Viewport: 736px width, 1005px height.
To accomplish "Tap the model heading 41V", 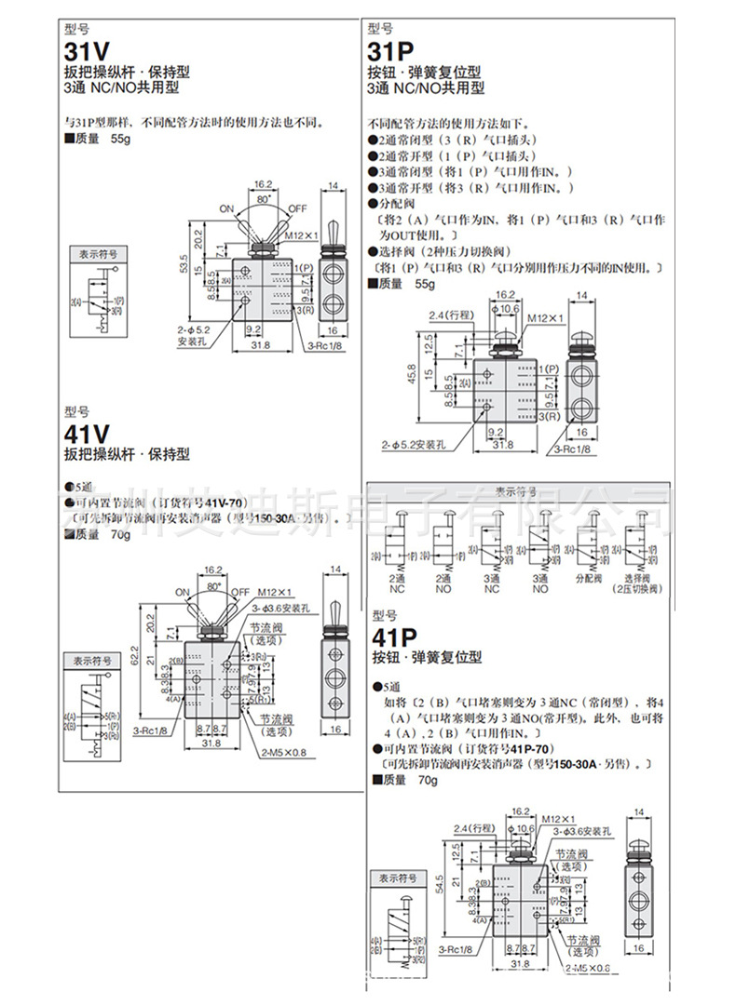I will pyautogui.click(x=87, y=435).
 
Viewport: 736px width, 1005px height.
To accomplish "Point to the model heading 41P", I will pyautogui.click(x=393, y=638).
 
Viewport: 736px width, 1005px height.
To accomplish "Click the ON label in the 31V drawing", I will pyautogui.click(x=226, y=208).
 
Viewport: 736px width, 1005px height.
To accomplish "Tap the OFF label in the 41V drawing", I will pyautogui.click(x=239, y=592).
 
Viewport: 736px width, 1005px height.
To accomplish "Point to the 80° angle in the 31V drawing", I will pyautogui.click(x=263, y=198).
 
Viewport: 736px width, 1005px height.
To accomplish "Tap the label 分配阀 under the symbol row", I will pyautogui.click(x=591, y=577).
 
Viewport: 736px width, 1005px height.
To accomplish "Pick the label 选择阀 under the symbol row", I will pyautogui.click(x=638, y=577).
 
